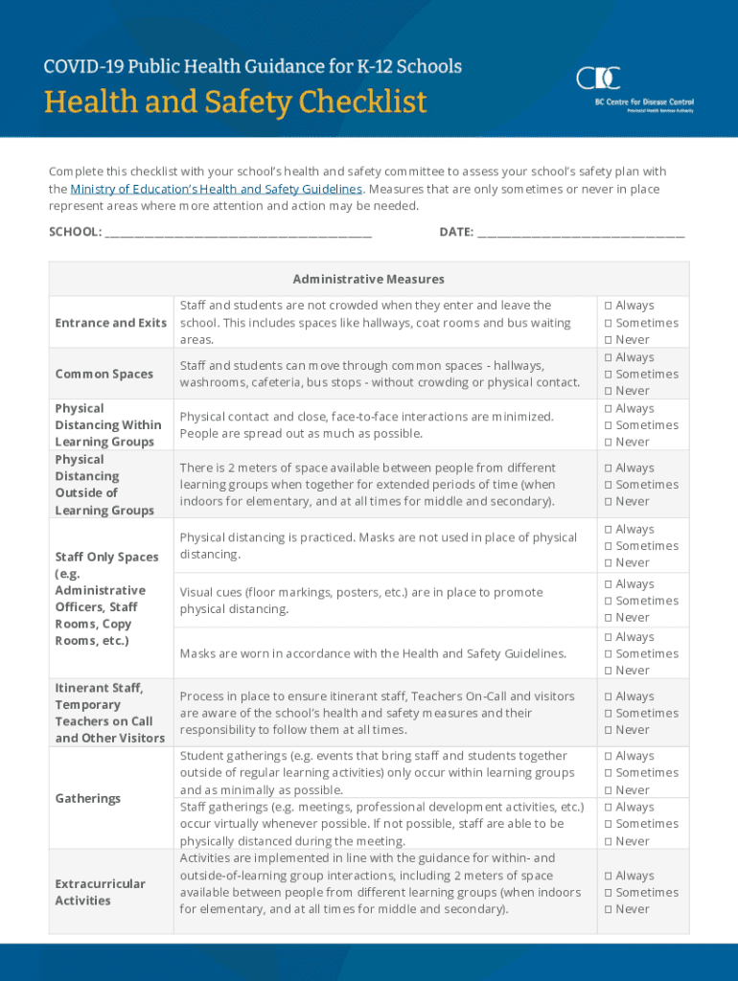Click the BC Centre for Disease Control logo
click(x=634, y=89)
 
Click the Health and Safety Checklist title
click(x=235, y=102)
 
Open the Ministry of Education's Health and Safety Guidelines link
click(x=217, y=190)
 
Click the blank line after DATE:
click(x=580, y=232)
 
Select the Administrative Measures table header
click(x=368, y=279)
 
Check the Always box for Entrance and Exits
click(x=608, y=306)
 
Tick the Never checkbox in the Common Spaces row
click(x=608, y=391)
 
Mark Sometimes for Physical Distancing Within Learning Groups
click(x=608, y=425)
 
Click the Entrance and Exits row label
click(x=110, y=323)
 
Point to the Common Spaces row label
click(x=104, y=374)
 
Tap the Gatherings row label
click(x=88, y=798)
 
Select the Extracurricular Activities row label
click(x=100, y=892)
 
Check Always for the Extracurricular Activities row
click(x=608, y=876)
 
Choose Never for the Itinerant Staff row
click(x=608, y=730)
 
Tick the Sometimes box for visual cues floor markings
click(x=608, y=601)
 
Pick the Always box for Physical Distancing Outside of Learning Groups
click(x=608, y=468)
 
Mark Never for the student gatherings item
click(x=608, y=790)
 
